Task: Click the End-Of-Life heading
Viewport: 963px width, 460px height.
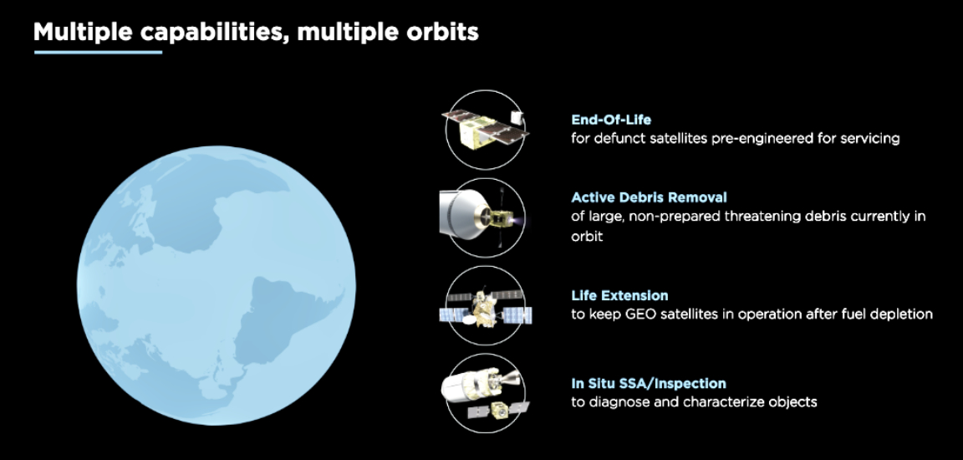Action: coord(610,120)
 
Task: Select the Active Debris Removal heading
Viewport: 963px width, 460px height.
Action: coord(649,198)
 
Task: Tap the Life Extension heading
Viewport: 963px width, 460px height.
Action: coord(619,295)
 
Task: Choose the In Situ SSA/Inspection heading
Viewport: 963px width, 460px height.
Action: coord(648,384)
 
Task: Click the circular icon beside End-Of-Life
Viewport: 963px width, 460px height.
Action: coord(485,129)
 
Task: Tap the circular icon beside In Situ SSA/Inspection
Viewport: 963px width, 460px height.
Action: coord(485,393)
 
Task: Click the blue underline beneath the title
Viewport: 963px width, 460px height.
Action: coord(98,53)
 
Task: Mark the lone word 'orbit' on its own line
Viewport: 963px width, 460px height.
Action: coord(587,237)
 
